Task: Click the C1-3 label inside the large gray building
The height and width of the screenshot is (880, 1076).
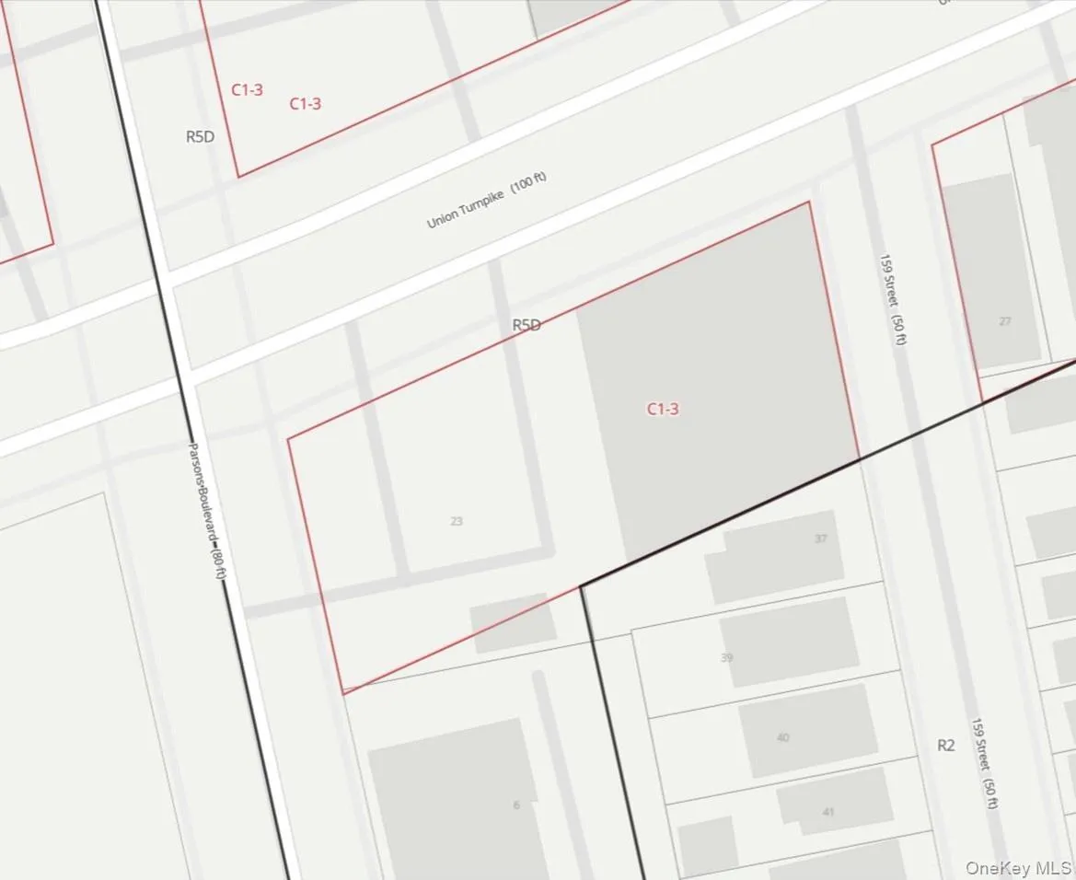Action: click(x=663, y=409)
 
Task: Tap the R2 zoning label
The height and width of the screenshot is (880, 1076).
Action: click(x=946, y=746)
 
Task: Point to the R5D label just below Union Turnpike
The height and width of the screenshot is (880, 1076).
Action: click(x=526, y=325)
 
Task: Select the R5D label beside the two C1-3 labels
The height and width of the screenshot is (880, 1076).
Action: click(x=200, y=136)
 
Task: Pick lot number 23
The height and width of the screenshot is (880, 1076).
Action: click(x=457, y=521)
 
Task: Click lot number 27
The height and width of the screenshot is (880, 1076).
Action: click(x=1004, y=321)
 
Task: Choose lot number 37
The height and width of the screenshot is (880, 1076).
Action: click(x=820, y=539)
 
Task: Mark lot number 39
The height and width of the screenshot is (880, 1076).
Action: click(x=727, y=657)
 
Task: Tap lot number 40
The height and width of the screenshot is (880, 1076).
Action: click(x=782, y=737)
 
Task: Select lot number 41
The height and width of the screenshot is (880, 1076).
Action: click(x=828, y=812)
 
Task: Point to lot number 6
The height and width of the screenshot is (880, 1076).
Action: click(x=516, y=805)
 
